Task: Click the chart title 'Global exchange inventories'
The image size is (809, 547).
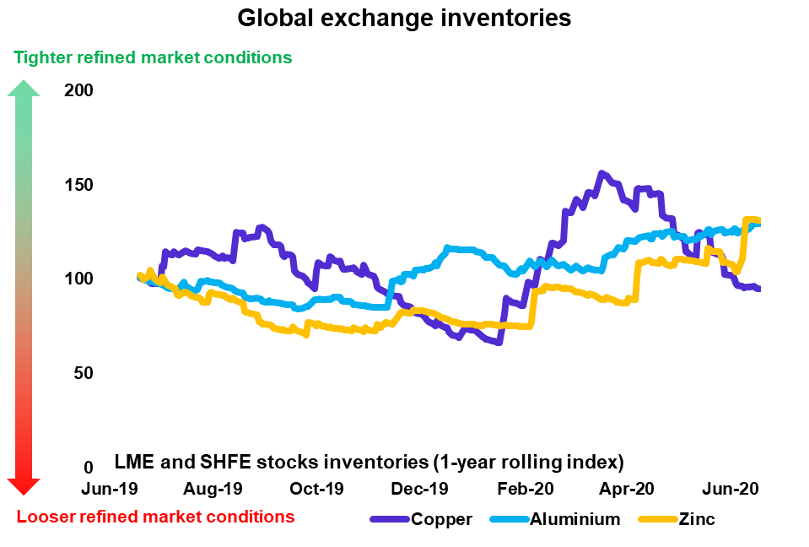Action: click(404, 18)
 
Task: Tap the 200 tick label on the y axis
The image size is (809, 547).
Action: click(79, 90)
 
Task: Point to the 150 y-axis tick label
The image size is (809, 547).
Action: click(79, 185)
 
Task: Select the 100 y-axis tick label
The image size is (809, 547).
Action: click(79, 279)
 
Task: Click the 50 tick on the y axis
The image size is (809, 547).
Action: click(84, 373)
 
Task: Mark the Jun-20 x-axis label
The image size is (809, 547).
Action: click(732, 489)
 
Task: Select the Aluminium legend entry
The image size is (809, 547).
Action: click(574, 519)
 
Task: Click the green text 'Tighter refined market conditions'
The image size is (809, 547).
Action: click(153, 57)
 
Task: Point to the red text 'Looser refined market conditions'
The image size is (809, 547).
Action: click(155, 517)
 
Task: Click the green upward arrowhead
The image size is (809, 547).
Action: click(24, 87)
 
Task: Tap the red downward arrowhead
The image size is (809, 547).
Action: click(24, 485)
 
